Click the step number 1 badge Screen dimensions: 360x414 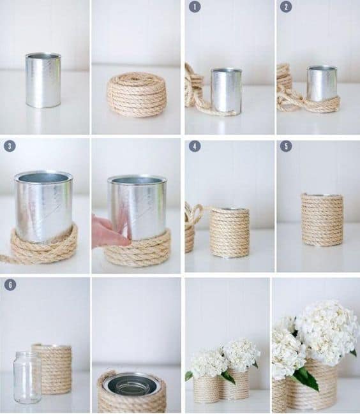(x=195, y=7)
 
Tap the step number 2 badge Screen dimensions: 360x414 (x=286, y=7)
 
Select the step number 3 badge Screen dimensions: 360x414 (x=10, y=146)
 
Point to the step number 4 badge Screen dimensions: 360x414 (x=195, y=146)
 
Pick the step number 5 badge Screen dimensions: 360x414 (x=286, y=146)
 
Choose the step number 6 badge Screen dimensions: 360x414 (x=10, y=285)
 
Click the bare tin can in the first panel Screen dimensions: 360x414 (x=43, y=80)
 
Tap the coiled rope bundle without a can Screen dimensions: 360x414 (x=137, y=94)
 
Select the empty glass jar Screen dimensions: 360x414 (x=27, y=378)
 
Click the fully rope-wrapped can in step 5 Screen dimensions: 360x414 (x=322, y=219)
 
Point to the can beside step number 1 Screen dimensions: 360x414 (x=227, y=91)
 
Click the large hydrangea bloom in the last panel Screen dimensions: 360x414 (x=327, y=332)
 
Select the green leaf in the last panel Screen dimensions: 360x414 (x=306, y=378)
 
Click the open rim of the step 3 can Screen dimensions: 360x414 (x=44, y=177)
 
